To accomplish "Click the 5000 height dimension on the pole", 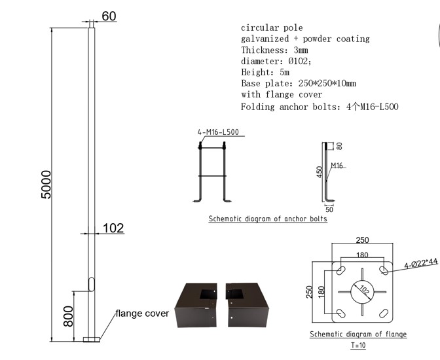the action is (x=46, y=185).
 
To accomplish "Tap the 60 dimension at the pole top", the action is (x=109, y=16).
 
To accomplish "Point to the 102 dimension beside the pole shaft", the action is (x=113, y=228).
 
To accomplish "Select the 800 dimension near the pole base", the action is (x=68, y=316).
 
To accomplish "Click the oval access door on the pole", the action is (x=92, y=284).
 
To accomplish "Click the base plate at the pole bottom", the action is (x=92, y=340).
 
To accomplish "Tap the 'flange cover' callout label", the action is (x=142, y=314).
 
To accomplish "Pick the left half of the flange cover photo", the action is (x=196, y=305).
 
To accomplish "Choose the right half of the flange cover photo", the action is (x=247, y=305).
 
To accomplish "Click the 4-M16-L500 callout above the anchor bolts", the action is (x=218, y=132).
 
